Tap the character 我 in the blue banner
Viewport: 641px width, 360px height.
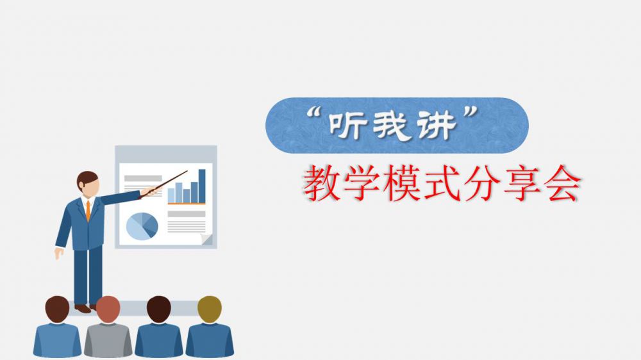[391, 126]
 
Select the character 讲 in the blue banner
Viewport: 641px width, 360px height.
[436, 126]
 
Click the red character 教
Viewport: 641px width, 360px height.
[322, 183]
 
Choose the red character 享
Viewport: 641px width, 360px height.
[522, 183]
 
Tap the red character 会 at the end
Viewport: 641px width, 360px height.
[562, 183]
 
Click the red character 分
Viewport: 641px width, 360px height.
[482, 183]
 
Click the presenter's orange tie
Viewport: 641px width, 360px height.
[88, 210]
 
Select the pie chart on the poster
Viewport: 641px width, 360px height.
[142, 226]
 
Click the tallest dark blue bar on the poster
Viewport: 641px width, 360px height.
[202, 186]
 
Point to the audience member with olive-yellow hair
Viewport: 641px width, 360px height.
[210, 327]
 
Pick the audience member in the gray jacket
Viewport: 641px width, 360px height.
[108, 327]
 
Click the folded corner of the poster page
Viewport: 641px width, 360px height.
[206, 239]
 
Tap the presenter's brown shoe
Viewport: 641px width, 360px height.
[83, 309]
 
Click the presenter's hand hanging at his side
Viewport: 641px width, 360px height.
[58, 253]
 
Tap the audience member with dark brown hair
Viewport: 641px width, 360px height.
[159, 327]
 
